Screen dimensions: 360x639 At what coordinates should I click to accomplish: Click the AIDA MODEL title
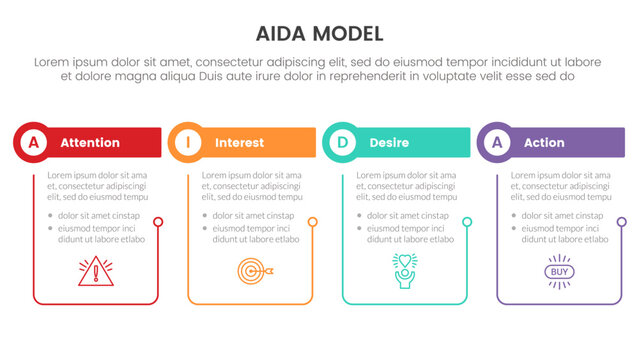(319, 33)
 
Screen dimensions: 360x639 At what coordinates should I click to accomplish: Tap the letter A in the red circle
(34, 143)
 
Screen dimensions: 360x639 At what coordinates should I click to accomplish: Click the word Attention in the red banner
(90, 143)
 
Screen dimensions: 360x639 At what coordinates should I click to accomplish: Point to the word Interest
(240, 143)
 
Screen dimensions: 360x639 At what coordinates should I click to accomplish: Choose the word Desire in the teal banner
(389, 143)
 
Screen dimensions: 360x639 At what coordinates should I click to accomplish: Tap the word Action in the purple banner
(545, 143)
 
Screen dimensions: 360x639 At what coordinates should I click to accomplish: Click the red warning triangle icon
(96, 271)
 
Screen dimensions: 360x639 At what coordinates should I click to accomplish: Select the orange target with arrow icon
(251, 271)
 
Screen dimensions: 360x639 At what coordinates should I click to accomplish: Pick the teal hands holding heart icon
(405, 271)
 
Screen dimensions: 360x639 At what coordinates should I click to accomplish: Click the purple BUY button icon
(559, 271)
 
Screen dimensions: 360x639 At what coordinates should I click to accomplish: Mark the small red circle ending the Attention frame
(158, 222)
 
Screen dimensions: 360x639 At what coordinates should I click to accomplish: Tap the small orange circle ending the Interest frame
(312, 222)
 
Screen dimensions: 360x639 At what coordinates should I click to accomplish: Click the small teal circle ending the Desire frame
(467, 222)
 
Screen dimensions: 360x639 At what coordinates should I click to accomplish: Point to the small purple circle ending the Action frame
(621, 222)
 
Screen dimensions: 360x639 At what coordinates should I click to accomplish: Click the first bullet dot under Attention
(50, 216)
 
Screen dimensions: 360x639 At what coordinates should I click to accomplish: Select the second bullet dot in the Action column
(514, 229)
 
